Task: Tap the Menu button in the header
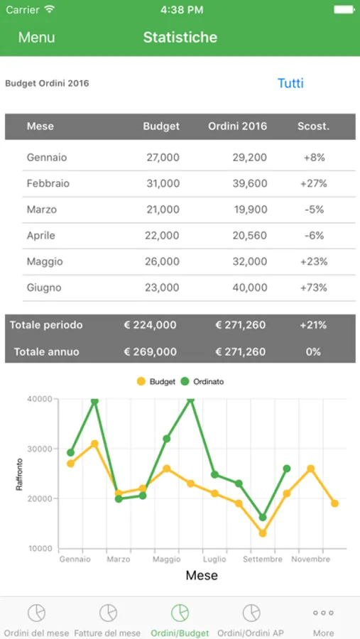(x=36, y=38)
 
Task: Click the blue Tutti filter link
(x=290, y=83)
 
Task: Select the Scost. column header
(x=313, y=126)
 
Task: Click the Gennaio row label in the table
(x=47, y=158)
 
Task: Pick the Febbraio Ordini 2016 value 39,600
(x=250, y=184)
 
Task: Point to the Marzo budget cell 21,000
(x=163, y=210)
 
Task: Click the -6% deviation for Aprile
(x=314, y=236)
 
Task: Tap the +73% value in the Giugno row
(x=314, y=288)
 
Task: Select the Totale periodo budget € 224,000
(x=150, y=325)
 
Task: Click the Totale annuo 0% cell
(x=314, y=351)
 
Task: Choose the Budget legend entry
(x=156, y=382)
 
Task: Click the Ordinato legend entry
(x=202, y=382)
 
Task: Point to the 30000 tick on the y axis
(x=40, y=449)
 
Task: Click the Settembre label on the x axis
(x=263, y=559)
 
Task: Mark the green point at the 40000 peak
(x=190, y=400)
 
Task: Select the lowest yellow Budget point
(x=263, y=533)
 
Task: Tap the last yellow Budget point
(x=334, y=503)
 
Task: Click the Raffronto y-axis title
(x=19, y=474)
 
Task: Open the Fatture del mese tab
(x=108, y=621)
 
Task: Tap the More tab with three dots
(x=323, y=621)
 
